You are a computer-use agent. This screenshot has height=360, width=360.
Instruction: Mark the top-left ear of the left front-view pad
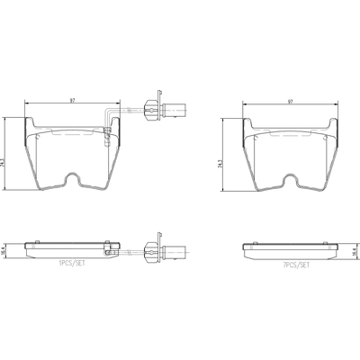click(27, 127)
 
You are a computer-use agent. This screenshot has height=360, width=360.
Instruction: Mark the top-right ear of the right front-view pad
click(335, 127)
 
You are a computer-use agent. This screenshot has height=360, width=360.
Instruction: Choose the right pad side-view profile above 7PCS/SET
click(290, 248)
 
